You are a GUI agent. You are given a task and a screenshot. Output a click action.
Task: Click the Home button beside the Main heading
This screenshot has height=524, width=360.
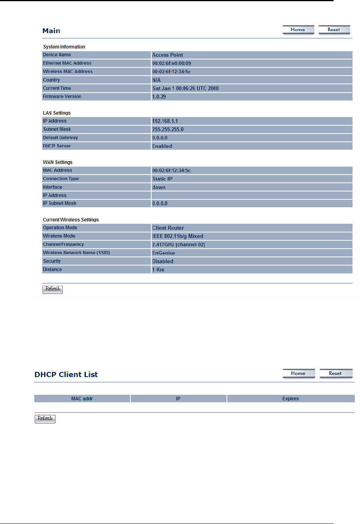coord(298,30)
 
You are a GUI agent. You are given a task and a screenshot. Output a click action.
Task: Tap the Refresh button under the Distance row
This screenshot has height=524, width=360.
coord(52,289)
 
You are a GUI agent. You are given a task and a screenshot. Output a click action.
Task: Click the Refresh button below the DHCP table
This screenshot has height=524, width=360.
coord(45,419)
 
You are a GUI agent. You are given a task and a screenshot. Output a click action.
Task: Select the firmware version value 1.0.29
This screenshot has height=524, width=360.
coord(159,97)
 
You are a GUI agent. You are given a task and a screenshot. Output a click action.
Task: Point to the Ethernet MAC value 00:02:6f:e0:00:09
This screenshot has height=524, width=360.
coord(172,63)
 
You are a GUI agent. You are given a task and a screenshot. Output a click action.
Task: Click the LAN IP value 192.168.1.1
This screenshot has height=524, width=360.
coord(165,121)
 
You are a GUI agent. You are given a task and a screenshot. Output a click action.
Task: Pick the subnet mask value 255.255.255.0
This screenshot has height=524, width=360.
coord(168,129)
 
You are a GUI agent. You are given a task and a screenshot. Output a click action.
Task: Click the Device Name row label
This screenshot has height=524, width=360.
coord(57,55)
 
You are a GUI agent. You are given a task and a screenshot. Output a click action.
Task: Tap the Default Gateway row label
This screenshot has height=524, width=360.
coord(60,138)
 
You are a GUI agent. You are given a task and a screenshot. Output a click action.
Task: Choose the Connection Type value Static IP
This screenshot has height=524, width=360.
coord(162,179)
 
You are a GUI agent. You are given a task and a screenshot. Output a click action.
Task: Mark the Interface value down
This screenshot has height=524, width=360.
coord(159,187)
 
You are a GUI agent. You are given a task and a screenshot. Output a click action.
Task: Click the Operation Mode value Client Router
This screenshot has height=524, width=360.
coord(168,228)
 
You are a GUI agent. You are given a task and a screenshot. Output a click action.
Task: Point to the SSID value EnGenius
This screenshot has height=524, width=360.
coord(163,253)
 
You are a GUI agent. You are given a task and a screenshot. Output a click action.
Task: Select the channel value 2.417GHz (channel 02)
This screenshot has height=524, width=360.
coord(178,245)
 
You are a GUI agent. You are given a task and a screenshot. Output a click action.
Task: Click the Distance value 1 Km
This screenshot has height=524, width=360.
coord(158,269)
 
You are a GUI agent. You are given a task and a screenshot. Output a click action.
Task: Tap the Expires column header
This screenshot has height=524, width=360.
coord(290,399)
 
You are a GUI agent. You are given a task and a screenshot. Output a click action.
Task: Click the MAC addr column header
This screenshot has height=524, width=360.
coord(82,399)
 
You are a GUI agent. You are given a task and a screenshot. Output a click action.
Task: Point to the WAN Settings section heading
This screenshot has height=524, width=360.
coord(58,162)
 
